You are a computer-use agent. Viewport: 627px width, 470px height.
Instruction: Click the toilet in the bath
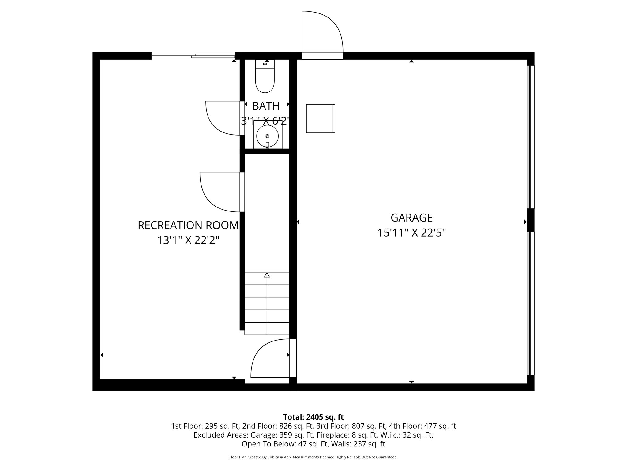(265, 78)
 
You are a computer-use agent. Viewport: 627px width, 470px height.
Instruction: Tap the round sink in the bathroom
(267, 136)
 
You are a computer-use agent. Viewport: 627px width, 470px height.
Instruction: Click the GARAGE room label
(411, 218)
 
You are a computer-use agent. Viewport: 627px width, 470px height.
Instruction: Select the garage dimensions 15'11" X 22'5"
(411, 233)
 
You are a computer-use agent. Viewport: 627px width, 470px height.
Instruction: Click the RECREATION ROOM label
(188, 225)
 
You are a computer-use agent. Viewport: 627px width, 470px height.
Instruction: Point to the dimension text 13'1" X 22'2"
(188, 241)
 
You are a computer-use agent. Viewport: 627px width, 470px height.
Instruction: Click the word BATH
(266, 106)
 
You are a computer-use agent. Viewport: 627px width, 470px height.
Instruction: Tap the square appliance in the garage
(320, 118)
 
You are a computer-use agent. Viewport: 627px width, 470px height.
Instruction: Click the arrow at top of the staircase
(267, 275)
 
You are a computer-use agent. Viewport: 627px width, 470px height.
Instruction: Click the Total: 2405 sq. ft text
(313, 417)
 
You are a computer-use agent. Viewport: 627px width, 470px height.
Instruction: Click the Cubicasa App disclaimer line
(313, 457)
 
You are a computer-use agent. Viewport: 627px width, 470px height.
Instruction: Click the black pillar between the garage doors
(530, 220)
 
